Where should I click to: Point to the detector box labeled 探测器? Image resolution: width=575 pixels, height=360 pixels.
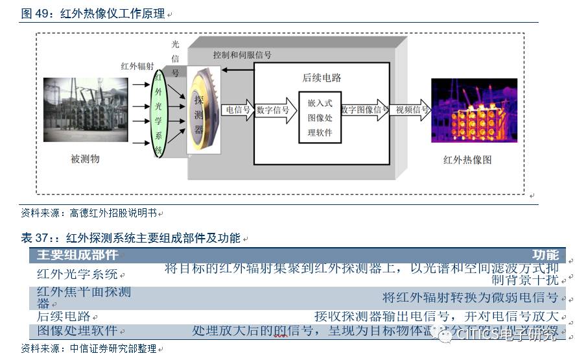(199, 113)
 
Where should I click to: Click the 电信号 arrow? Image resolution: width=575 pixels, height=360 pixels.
(237, 110)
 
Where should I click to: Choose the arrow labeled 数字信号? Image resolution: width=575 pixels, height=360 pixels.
(274, 110)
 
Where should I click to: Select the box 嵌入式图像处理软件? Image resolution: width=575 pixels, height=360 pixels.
(320, 117)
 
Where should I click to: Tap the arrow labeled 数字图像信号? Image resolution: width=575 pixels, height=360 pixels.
(365, 110)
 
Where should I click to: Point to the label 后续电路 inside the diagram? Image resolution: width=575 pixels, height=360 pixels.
(322, 78)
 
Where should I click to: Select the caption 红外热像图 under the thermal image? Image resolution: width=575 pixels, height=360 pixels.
(468, 160)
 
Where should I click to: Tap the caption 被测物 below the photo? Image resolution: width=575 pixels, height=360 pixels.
(85, 158)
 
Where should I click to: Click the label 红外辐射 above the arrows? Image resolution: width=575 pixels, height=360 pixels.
(137, 66)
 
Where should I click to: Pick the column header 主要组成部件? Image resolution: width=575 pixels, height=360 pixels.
(78, 255)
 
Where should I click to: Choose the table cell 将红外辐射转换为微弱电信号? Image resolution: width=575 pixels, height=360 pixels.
(470, 298)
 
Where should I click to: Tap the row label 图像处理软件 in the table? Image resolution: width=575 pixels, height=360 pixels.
(77, 330)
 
